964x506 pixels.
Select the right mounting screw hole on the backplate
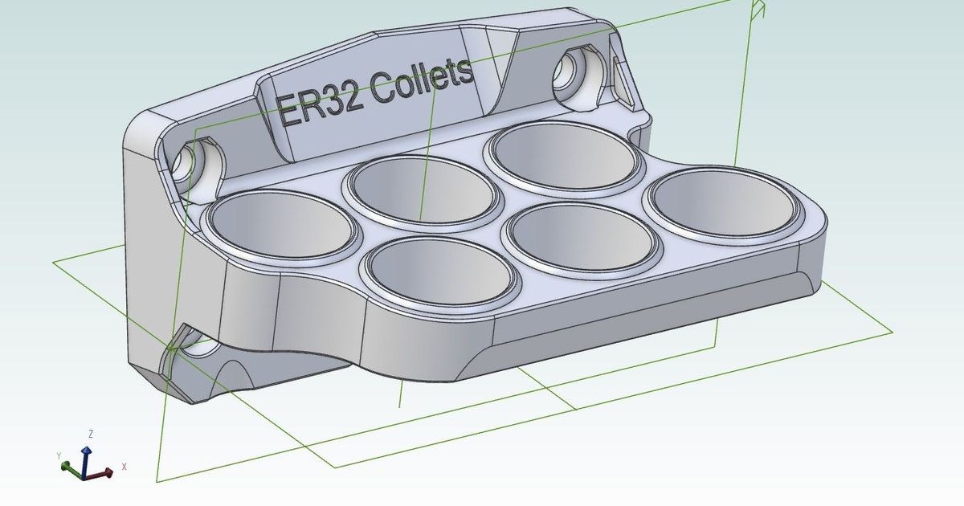click(x=574, y=71)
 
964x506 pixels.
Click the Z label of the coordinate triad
click(x=91, y=434)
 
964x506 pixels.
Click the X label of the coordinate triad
click(x=125, y=467)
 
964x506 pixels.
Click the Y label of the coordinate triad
click(x=59, y=455)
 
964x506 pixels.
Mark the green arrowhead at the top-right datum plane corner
click(x=756, y=10)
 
